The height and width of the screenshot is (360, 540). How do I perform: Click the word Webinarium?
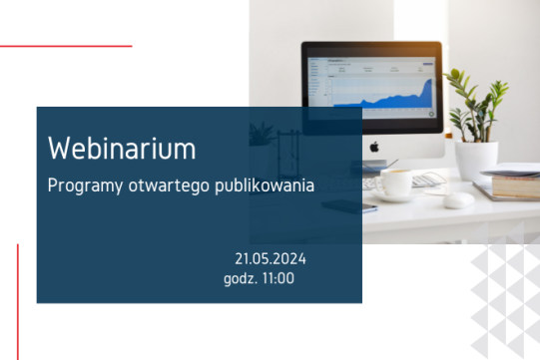coord(122,149)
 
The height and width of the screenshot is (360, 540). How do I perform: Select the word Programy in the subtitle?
coord(79,186)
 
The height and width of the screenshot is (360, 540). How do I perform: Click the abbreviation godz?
coord(241,278)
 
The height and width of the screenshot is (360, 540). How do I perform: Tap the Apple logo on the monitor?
coord(375,146)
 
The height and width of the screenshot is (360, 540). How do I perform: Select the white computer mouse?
coord(459,199)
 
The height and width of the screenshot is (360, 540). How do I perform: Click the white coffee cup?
coord(393,183)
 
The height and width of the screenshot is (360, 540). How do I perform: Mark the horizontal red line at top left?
coord(65,46)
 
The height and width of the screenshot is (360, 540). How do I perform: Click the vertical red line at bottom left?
coord(18,299)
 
